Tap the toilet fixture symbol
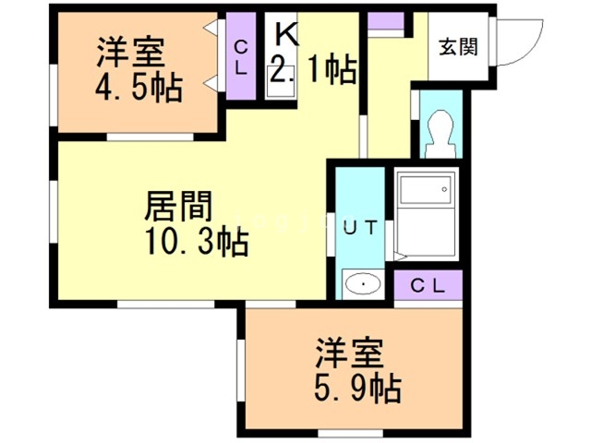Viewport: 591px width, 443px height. tap(439, 131)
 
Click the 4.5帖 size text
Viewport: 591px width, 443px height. tap(139, 89)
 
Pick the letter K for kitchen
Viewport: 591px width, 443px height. tap(285, 35)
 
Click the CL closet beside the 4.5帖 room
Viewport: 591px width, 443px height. tap(240, 57)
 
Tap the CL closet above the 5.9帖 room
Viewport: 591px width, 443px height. tap(427, 285)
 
